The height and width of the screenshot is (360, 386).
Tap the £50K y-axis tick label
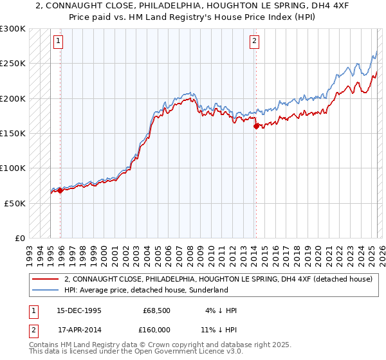(15, 203)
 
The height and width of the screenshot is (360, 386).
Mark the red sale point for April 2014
(256, 126)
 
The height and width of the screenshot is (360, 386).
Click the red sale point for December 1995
(60, 190)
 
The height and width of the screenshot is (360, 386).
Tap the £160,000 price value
(157, 329)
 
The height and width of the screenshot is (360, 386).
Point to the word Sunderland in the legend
(208, 290)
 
